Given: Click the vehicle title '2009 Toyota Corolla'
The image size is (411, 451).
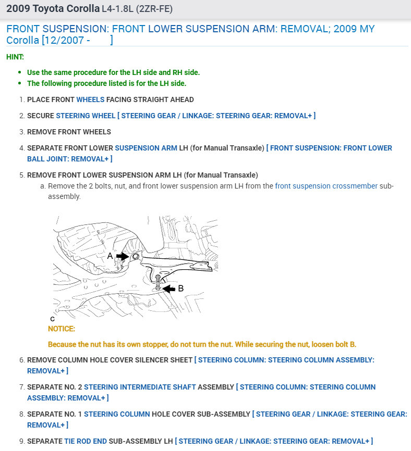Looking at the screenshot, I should (x=53, y=9).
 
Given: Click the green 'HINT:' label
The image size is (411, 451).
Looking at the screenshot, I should (x=15, y=57).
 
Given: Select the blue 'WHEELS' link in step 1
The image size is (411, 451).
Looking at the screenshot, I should (x=90, y=99).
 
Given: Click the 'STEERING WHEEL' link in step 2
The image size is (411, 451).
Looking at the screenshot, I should (x=86, y=116).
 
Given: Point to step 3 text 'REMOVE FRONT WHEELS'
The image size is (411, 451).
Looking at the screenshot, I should (x=69, y=132).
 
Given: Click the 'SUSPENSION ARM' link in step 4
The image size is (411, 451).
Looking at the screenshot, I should (x=146, y=148).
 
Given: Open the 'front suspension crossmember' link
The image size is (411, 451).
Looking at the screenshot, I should (x=326, y=186).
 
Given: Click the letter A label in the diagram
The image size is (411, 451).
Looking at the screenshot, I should (x=110, y=256).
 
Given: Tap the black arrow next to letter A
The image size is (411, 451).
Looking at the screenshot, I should (x=123, y=256).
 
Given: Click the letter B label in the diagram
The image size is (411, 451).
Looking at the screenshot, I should (x=180, y=288).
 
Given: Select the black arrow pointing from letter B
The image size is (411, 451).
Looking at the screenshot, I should (x=170, y=288).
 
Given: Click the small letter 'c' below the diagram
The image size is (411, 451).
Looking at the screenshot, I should (x=52, y=319).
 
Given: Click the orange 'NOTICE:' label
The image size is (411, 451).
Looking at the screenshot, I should (x=62, y=329).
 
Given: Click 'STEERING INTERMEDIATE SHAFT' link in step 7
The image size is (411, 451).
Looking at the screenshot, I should (x=140, y=387).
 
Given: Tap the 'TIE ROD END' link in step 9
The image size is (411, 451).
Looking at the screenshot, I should (x=86, y=441).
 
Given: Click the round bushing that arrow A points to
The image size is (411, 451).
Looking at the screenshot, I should (x=135, y=256).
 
